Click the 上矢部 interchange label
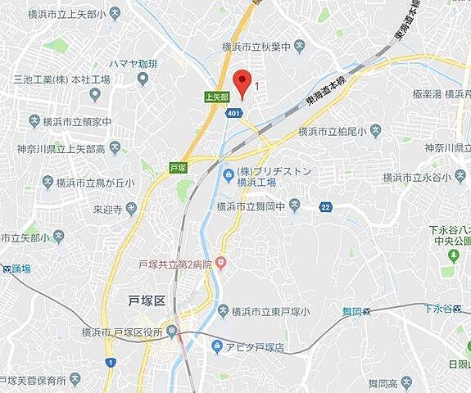click(x=216, y=96)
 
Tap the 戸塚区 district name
click(x=148, y=300)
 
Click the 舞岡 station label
click(x=350, y=311)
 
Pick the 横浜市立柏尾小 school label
click(x=332, y=130)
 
